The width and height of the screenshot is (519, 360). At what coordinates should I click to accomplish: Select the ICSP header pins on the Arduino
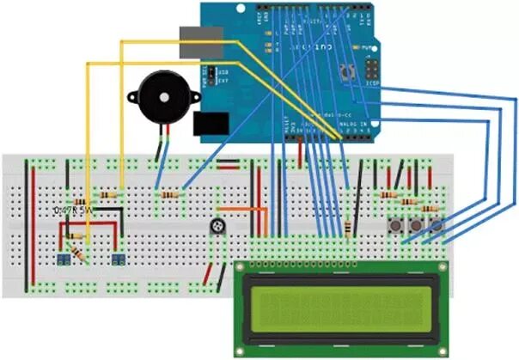pyautogui.click(x=373, y=70)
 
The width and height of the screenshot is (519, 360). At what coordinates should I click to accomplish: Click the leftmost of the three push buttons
pyautogui.click(x=398, y=226)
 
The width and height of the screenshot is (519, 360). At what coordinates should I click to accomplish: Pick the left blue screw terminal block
pyautogui.click(x=64, y=259)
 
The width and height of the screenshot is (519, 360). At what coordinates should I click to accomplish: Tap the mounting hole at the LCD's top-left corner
pyautogui.click(x=241, y=268)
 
